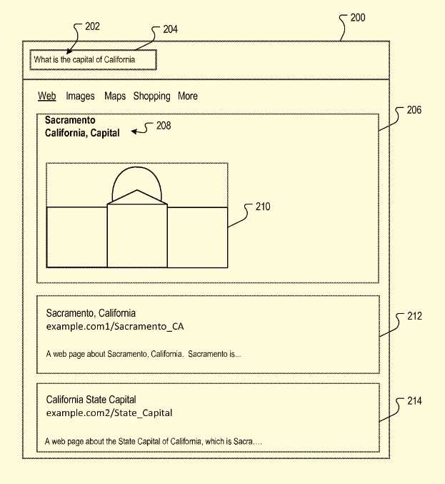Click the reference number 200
pyautogui.click(x=358, y=18)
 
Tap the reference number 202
pyautogui.click(x=92, y=26)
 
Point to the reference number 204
pyautogui.click(x=170, y=29)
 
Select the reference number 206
pyautogui.click(x=414, y=110)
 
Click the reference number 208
pyautogui.click(x=164, y=126)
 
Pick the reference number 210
pyautogui.click(x=263, y=207)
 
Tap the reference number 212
pyautogui.click(x=414, y=316)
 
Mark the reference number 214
pyautogui.click(x=414, y=401)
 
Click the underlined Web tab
pyautogui.click(x=47, y=96)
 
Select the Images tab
pyautogui.click(x=80, y=97)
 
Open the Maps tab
pyautogui.click(x=115, y=97)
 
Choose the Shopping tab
pyautogui.click(x=151, y=97)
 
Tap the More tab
pyautogui.click(x=188, y=96)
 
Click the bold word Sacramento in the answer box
pyautogui.click(x=70, y=120)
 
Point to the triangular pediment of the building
pyautogui.click(x=137, y=197)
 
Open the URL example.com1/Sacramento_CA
pyautogui.click(x=115, y=327)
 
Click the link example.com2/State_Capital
pyautogui.click(x=109, y=413)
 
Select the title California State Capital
pyautogui.click(x=91, y=400)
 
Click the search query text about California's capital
pyautogui.click(x=84, y=59)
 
